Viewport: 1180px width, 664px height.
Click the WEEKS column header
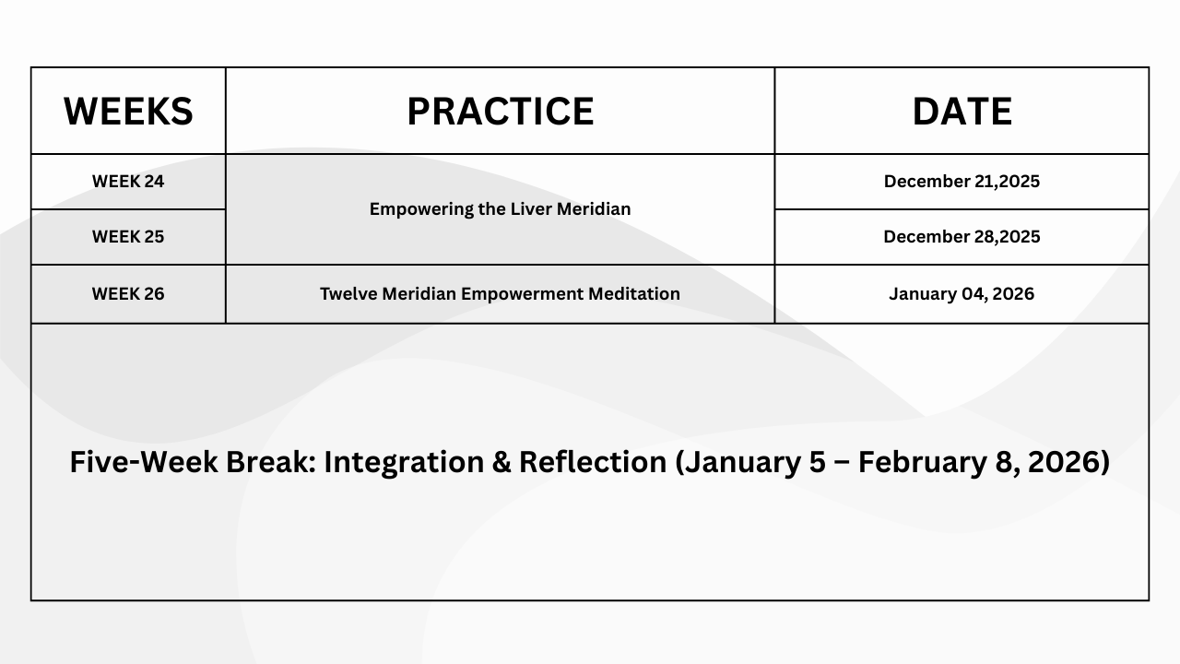pos(128,112)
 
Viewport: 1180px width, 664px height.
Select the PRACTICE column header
pos(501,112)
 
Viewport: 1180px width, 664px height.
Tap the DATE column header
pos(962,112)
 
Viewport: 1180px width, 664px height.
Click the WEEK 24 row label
pos(128,182)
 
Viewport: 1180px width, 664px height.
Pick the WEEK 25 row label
pos(128,237)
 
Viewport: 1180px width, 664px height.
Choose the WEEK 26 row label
pos(128,293)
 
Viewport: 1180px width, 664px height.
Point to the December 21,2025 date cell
pos(962,182)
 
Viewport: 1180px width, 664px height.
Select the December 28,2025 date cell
pos(962,237)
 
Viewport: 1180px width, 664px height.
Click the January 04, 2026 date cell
pos(962,293)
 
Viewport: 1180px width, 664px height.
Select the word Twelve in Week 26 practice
pos(348,293)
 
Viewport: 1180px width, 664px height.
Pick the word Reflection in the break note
pos(593,462)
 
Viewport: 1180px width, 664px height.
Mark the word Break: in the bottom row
pos(271,462)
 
